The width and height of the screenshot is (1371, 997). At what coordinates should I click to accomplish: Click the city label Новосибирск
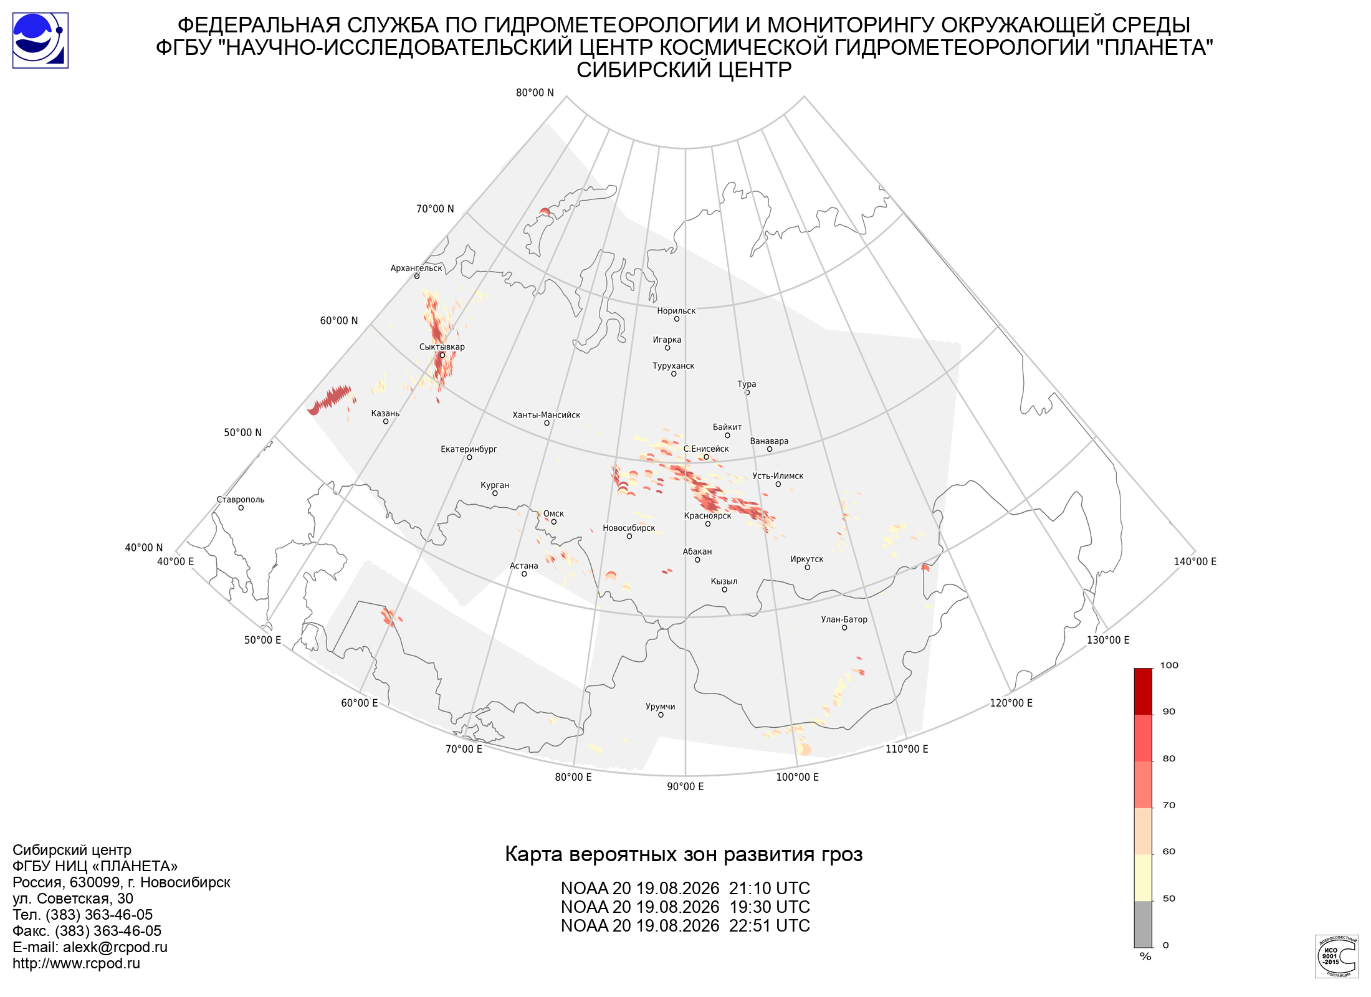pyautogui.click(x=629, y=528)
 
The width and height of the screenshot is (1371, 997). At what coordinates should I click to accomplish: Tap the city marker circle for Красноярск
pyautogui.click(x=708, y=524)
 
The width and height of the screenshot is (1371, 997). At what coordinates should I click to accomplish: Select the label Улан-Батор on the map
pyautogui.click(x=844, y=619)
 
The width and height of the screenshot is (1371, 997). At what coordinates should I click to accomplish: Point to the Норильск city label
pyautogui.click(x=676, y=311)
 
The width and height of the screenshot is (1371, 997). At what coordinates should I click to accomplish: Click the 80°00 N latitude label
pyautogui.click(x=535, y=93)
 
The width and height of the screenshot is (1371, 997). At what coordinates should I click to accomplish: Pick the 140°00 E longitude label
pyautogui.click(x=1195, y=561)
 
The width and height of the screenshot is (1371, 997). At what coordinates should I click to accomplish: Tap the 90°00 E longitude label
pyautogui.click(x=685, y=786)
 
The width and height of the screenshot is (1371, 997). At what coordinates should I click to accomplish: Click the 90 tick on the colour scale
pyautogui.click(x=1169, y=712)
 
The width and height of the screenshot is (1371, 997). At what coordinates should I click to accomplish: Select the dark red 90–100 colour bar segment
pyautogui.click(x=1143, y=692)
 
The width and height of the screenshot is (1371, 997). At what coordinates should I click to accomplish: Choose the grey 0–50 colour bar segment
pyautogui.click(x=1143, y=924)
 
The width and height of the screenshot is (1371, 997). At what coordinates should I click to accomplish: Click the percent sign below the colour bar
pyautogui.click(x=1145, y=956)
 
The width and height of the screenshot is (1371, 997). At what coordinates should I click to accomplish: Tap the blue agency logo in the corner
pyautogui.click(x=41, y=41)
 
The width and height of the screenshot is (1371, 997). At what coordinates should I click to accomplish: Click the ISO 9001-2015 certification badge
pyautogui.click(x=1336, y=956)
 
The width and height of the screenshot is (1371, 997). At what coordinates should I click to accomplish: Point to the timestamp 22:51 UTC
pyautogui.click(x=770, y=926)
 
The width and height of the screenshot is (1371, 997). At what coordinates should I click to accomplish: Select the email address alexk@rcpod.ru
pyautogui.click(x=115, y=947)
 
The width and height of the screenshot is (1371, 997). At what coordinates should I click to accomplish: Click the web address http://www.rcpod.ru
pyautogui.click(x=76, y=963)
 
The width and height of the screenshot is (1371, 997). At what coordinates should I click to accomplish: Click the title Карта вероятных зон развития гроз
pyautogui.click(x=684, y=854)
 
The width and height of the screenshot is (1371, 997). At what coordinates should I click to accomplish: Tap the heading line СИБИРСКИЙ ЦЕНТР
pyautogui.click(x=684, y=70)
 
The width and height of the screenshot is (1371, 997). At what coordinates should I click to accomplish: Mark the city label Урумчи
pyautogui.click(x=661, y=707)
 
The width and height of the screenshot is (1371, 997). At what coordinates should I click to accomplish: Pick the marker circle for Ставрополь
pyautogui.click(x=241, y=508)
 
